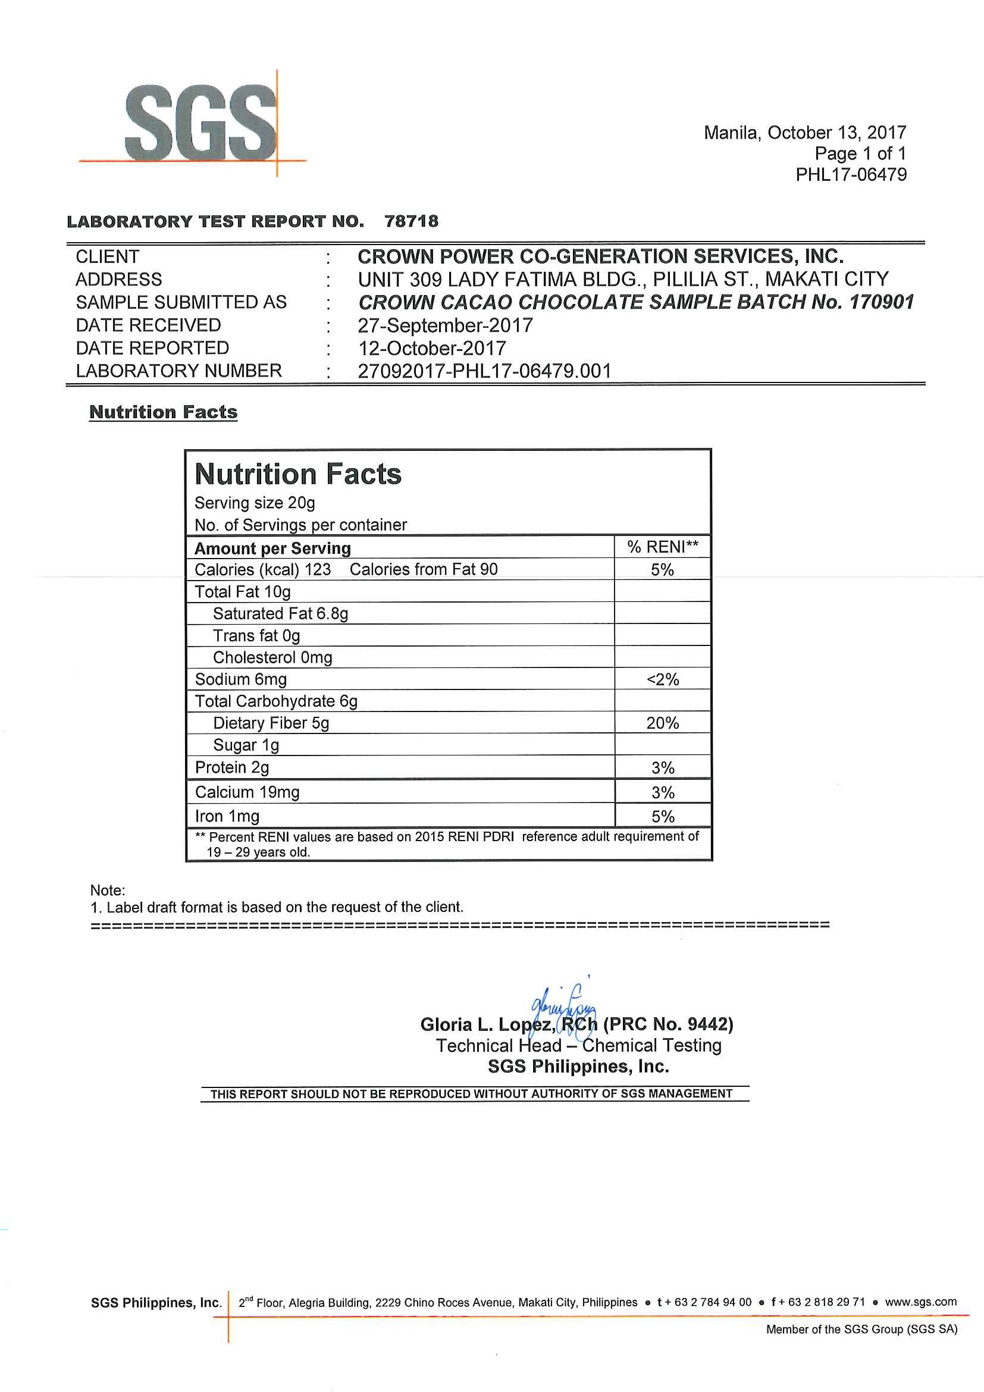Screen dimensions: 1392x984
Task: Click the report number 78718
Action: tap(411, 221)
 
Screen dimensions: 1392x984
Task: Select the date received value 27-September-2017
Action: tap(445, 325)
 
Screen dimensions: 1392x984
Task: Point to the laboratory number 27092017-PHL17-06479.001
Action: tap(484, 371)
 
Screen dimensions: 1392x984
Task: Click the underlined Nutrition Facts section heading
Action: tap(163, 412)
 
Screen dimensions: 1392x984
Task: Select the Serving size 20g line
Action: tap(255, 503)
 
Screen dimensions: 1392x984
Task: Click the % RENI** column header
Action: tap(663, 547)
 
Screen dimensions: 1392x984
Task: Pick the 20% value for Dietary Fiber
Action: tap(663, 723)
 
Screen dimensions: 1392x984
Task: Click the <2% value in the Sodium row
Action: tap(663, 679)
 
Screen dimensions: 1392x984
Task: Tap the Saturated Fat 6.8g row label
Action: tap(280, 614)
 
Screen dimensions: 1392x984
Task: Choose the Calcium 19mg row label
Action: tap(247, 792)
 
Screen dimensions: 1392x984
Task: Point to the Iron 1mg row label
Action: tap(227, 817)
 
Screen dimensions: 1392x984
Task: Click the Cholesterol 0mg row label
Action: tap(272, 658)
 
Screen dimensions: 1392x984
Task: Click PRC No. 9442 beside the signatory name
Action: tap(668, 1025)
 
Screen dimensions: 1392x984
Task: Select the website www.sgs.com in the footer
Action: tap(920, 1302)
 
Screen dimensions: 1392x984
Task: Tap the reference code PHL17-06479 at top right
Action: tap(851, 175)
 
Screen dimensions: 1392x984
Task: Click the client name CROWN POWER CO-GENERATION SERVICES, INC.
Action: tap(600, 256)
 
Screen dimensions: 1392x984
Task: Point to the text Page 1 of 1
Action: tap(860, 154)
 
